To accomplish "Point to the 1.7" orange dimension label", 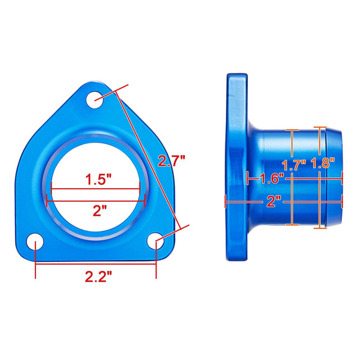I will click(294, 165).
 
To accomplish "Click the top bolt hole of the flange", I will click(95, 100).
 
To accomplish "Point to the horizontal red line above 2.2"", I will click(96, 263).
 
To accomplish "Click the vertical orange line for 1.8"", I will click(320, 199).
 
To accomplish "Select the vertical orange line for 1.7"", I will click(291, 199).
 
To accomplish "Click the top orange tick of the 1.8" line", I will click(320, 127).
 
